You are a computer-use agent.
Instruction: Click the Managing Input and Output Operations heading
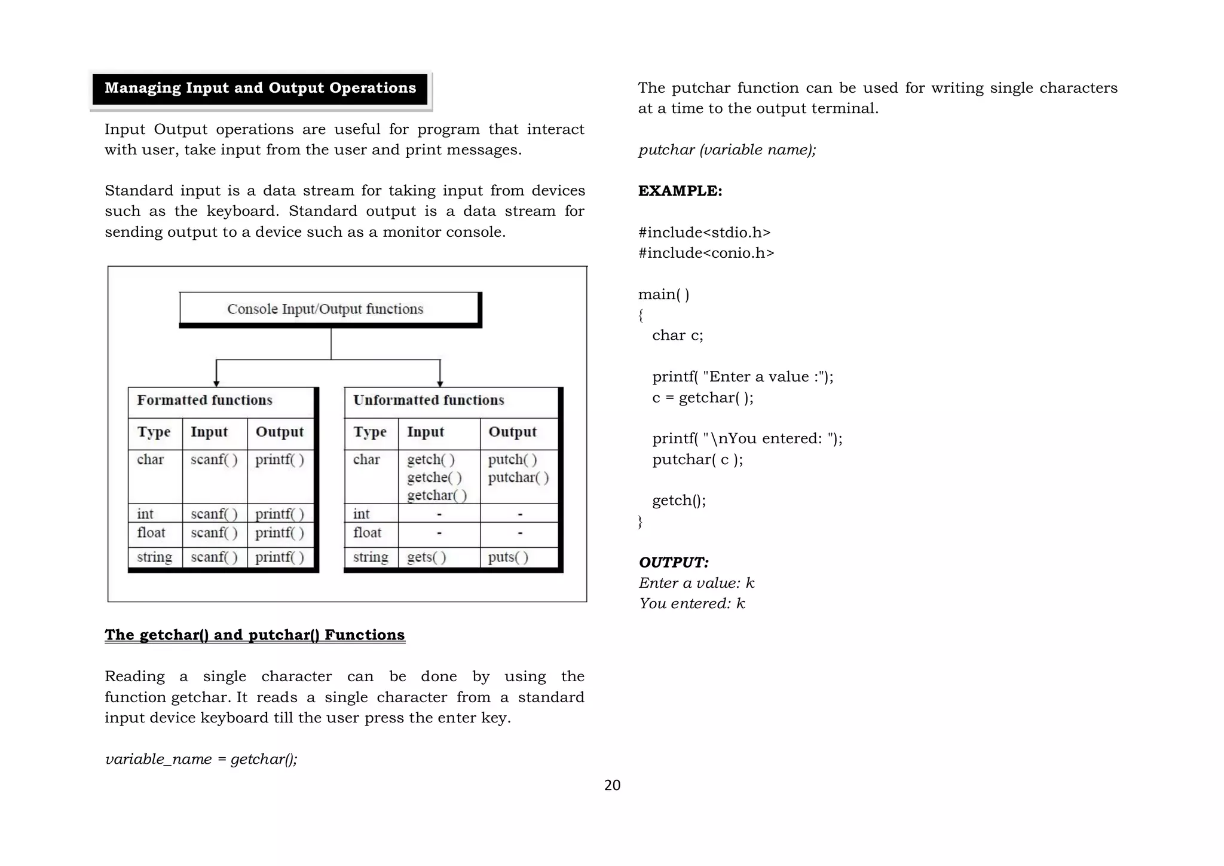[x=260, y=89]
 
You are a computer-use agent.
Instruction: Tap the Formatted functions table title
[x=204, y=400]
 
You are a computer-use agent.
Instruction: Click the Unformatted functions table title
[x=429, y=400]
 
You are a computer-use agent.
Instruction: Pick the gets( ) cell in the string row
[x=427, y=557]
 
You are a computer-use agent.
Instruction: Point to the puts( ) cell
[x=508, y=557]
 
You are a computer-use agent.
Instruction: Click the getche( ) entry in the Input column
[x=434, y=477]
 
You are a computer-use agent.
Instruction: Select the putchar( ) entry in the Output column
[x=518, y=477]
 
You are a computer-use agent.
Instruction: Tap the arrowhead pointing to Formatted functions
[x=216, y=383]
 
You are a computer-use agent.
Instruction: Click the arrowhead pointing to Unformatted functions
[x=440, y=383]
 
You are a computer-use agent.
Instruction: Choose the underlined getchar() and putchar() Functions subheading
[x=255, y=635]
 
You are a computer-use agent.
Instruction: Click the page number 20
[x=612, y=785]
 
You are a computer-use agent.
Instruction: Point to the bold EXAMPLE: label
[x=680, y=191]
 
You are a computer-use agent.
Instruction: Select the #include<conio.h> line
[x=706, y=253]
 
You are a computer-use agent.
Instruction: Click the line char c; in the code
[x=677, y=336]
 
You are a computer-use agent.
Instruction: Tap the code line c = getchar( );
[x=702, y=398]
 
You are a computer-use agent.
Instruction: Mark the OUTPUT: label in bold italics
[x=674, y=562]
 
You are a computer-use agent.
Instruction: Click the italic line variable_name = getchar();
[x=201, y=759]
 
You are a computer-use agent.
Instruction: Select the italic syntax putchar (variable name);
[x=727, y=150]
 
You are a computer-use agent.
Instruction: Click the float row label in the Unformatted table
[x=367, y=533]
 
